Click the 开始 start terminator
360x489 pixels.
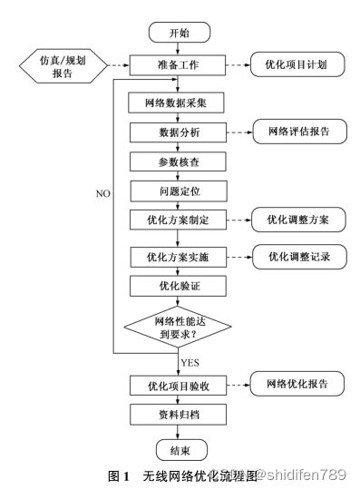(180, 34)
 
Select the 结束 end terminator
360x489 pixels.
(180, 449)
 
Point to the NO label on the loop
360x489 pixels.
(102, 193)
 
